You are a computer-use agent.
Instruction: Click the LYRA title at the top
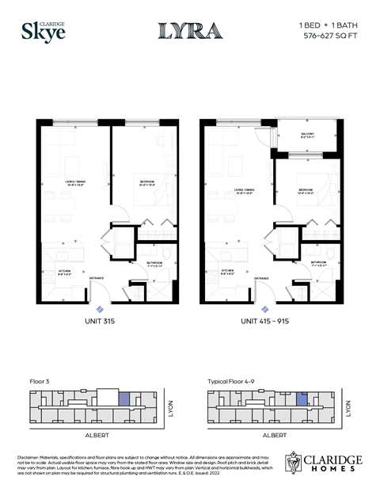pyautogui.click(x=190, y=31)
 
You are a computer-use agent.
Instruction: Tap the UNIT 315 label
pyautogui.click(x=101, y=322)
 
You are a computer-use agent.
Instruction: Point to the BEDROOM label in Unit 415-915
pyautogui.click(x=307, y=190)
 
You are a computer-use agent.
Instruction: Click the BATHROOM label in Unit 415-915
pyautogui.click(x=319, y=262)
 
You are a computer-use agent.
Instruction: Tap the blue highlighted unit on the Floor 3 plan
pyautogui.click(x=123, y=399)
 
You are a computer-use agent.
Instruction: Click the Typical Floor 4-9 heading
pyautogui.click(x=233, y=380)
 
